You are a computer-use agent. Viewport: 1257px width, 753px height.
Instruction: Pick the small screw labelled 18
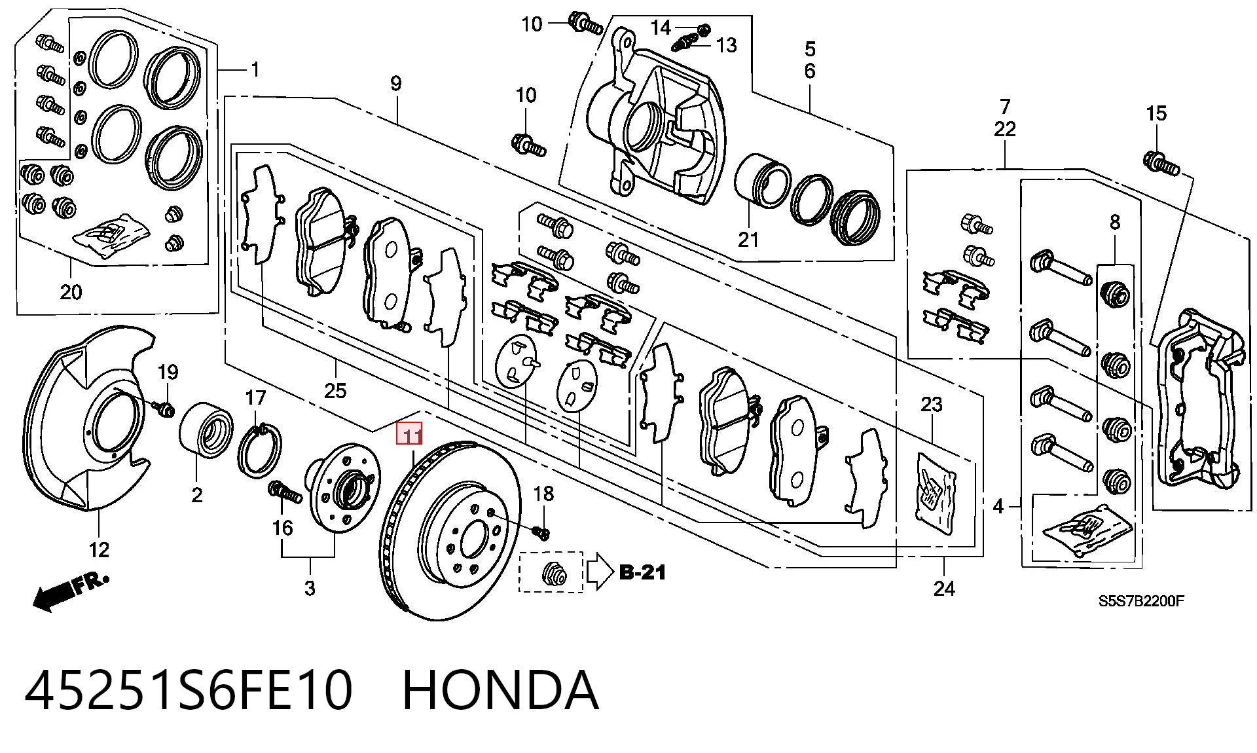(x=541, y=532)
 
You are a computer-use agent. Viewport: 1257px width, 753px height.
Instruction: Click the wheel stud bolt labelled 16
(x=284, y=491)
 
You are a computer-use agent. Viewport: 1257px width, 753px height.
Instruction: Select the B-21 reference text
(x=643, y=572)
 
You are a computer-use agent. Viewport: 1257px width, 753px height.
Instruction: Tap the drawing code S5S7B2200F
(x=1141, y=600)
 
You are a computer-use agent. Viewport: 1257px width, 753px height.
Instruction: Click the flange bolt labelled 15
(x=1161, y=163)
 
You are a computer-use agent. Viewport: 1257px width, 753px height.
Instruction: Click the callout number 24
(x=944, y=589)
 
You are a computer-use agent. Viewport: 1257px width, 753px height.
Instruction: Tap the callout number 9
(x=395, y=83)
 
